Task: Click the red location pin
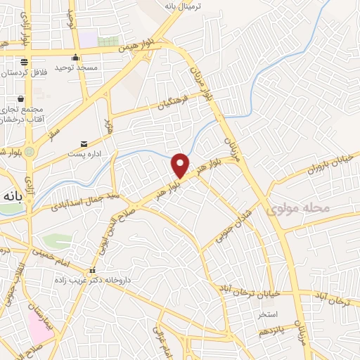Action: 181,165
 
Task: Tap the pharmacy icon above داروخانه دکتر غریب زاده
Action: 91,271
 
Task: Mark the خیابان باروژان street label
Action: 307,169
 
